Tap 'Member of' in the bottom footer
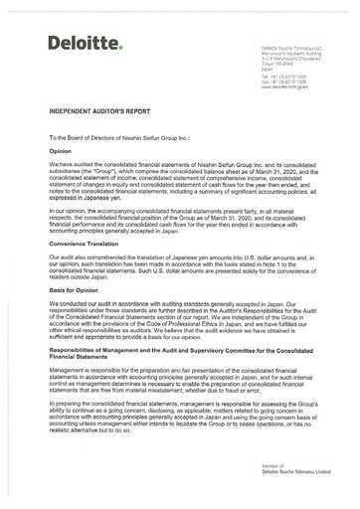click(271, 464)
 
